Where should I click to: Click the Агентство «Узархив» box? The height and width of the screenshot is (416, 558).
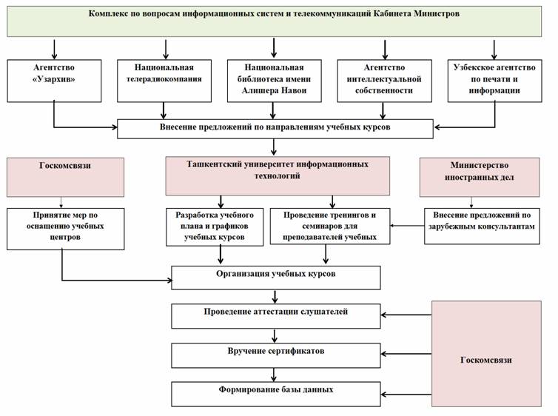[54, 81]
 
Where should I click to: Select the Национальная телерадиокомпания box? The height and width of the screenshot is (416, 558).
[164, 81]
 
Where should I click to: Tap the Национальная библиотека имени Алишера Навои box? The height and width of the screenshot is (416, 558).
[274, 81]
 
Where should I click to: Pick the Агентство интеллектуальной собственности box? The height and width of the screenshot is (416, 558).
[384, 81]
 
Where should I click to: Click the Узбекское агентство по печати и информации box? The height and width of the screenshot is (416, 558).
[494, 81]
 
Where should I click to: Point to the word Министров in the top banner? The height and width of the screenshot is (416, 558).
[437, 14]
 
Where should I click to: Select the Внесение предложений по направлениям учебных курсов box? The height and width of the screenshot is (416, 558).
[275, 129]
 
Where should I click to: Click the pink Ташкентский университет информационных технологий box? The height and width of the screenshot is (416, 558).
[278, 175]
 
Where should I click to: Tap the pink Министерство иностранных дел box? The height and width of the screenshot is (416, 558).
[480, 177]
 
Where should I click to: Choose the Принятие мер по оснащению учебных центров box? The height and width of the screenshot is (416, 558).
[65, 229]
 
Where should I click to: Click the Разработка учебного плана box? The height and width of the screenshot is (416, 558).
[215, 227]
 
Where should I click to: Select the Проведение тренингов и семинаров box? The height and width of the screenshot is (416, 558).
[330, 227]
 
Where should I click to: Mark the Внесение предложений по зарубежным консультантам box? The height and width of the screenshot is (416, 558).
[482, 226]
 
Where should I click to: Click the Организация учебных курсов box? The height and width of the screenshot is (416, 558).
[276, 278]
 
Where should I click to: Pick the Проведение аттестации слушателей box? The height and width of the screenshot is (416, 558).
[276, 316]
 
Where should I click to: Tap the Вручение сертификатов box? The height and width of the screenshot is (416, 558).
[276, 355]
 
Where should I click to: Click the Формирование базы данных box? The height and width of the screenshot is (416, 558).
[276, 394]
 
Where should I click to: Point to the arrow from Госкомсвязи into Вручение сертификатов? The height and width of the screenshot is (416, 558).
[406, 354]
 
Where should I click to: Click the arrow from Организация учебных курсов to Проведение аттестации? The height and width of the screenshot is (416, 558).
[275, 297]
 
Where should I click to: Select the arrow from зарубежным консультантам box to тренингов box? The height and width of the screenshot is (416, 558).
[407, 226]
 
